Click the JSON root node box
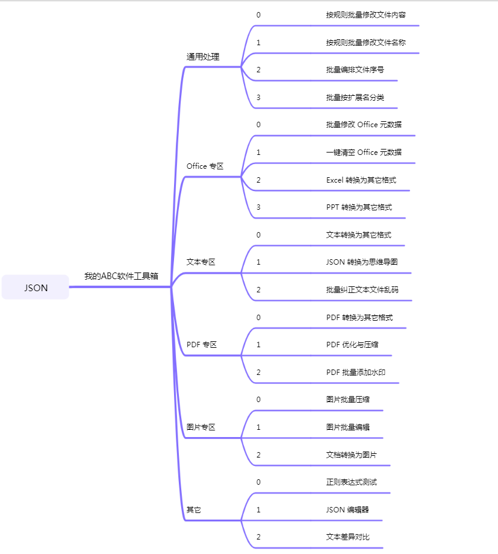coord(36,288)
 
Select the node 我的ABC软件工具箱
coord(121,276)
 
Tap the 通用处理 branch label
coord(203,57)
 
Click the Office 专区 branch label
coord(205,166)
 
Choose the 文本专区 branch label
coord(201,262)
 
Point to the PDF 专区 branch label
coord(202,345)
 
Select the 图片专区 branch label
coord(201,427)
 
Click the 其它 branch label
coord(194,510)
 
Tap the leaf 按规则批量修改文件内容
coord(366,14)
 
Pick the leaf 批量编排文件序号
coord(355,69)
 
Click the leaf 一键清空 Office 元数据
coord(364,153)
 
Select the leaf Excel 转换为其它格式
coord(361,180)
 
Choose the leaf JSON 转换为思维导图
coord(362,262)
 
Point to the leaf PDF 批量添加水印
coord(356,373)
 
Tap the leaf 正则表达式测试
coord(352,482)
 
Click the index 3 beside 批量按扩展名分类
coord(258,97)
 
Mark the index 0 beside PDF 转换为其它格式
coord(258,317)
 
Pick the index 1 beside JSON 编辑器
coord(258,509)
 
